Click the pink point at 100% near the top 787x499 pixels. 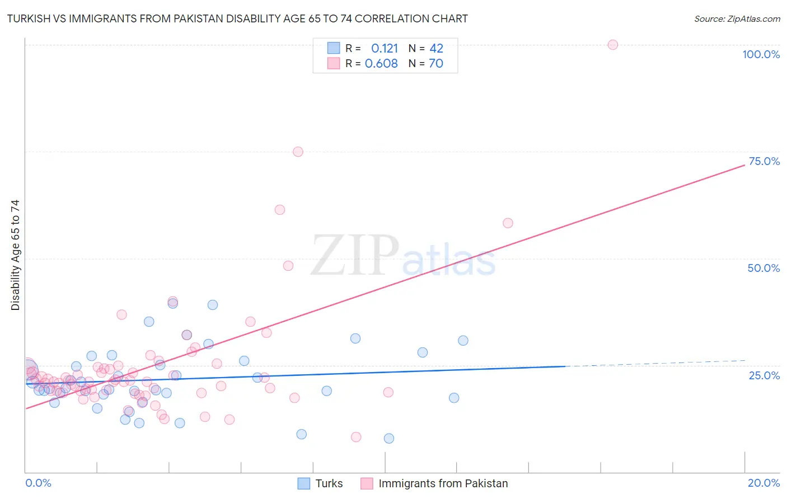612,45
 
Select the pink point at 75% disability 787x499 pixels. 298,152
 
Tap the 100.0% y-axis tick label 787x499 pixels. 761,54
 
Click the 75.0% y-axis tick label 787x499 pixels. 764,161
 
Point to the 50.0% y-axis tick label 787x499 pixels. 763,268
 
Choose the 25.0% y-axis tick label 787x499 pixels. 764,375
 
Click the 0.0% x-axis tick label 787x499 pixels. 38,483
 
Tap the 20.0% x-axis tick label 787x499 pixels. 763,483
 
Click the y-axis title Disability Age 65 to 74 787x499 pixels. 15,255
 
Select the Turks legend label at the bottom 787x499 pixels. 329,483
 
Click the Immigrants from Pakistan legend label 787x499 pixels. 443,483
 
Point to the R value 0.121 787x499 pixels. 384,48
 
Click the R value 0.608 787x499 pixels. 381,64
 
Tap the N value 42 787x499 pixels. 436,48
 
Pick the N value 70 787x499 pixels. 436,64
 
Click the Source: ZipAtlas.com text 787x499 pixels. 737,19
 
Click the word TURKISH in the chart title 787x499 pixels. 31,19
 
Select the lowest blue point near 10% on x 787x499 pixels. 388,439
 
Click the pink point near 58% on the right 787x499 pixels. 508,223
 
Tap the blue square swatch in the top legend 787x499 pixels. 334,48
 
